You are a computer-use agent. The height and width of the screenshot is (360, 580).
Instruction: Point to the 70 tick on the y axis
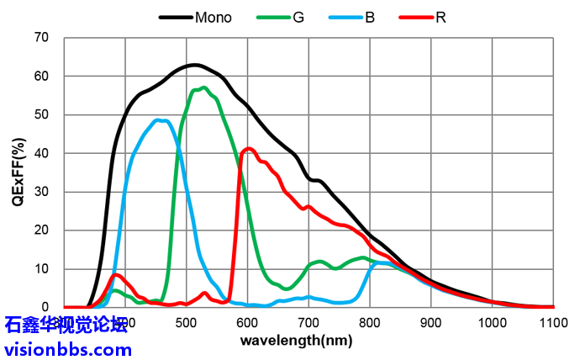41,38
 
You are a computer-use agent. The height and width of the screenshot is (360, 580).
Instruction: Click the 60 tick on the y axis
41,77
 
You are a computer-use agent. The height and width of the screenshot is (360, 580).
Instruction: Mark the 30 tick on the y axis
41,192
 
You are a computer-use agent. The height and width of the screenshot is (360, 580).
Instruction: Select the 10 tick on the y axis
41,269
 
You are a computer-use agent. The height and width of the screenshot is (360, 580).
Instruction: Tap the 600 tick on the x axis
247,324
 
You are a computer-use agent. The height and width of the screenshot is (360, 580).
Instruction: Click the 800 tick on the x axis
370,324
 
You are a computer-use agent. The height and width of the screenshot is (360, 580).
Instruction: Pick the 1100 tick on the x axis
553,324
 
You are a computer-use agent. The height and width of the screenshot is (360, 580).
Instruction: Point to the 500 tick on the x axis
186,324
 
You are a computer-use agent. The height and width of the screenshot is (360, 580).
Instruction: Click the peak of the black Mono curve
194,65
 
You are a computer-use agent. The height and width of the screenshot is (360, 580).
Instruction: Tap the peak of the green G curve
203,87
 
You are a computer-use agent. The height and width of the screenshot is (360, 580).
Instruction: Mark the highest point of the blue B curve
160,120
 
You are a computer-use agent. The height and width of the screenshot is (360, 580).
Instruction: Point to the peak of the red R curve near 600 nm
249,149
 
